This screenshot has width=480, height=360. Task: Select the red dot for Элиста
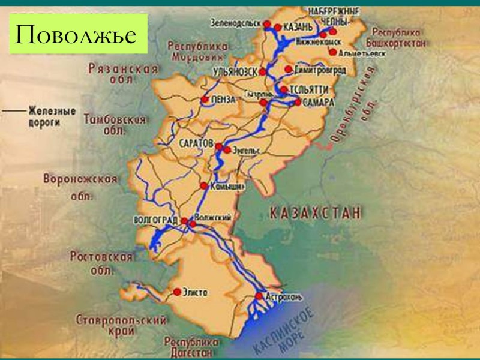177,292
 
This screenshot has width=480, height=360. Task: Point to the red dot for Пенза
205,100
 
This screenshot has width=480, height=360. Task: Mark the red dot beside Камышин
205,185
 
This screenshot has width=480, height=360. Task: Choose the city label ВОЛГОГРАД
157,220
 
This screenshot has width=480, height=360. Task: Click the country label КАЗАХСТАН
316,212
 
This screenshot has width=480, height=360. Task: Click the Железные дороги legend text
52,115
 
